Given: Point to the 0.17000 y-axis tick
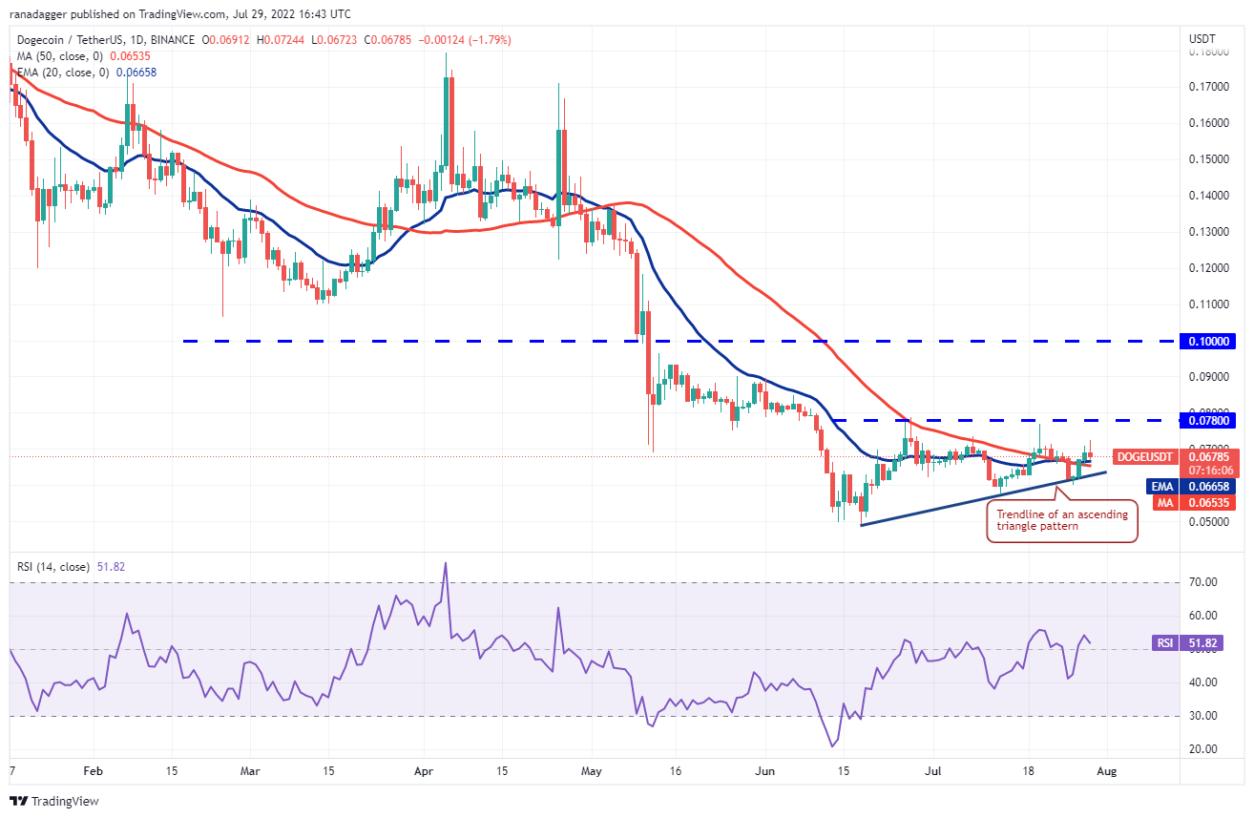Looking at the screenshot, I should [1210, 87].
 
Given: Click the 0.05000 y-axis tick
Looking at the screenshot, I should [1210, 522].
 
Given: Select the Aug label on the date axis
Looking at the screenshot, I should [1106, 768].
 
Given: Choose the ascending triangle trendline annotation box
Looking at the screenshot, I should [1061, 520].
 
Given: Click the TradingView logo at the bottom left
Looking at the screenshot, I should [55, 801].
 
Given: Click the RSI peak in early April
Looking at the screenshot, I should [445, 563].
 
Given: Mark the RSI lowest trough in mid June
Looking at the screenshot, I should [833, 745].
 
